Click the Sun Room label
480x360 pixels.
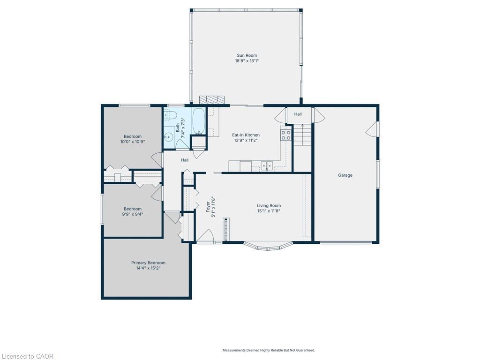click(246, 55)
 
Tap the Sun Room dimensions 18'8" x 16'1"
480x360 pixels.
click(247, 61)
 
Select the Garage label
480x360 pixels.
click(345, 175)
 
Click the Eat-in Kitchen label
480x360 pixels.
click(246, 135)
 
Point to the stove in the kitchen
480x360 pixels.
click(286, 135)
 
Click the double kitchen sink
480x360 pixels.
click(267, 165)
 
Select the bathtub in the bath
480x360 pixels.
click(199, 121)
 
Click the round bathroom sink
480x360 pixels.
click(168, 137)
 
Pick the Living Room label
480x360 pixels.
click(269, 205)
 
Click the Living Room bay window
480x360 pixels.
click(268, 246)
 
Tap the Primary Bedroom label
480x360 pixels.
click(148, 263)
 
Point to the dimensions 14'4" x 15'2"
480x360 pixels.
click(148, 269)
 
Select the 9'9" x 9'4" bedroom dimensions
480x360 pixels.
click(133, 214)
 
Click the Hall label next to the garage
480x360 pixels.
click(298, 114)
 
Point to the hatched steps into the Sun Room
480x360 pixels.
click(212, 100)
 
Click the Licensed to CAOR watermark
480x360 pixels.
click(27, 356)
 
